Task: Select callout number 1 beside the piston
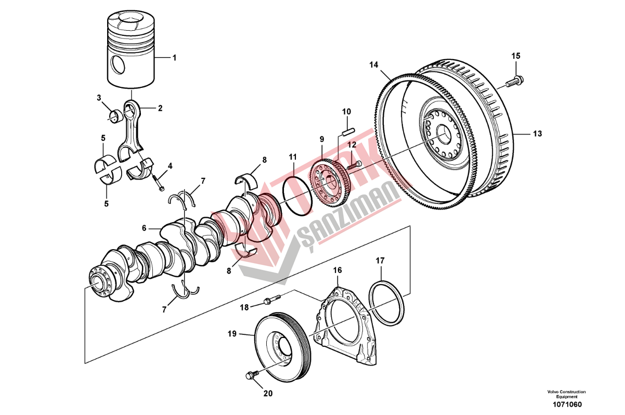pos(175,58)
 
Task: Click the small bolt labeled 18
pos(271,300)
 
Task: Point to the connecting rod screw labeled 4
pos(158,183)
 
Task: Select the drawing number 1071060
pos(566,405)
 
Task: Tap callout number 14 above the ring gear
pos(373,65)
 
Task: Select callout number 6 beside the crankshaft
pos(145,228)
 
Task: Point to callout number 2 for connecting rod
pos(160,108)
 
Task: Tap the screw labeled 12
pos(355,164)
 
